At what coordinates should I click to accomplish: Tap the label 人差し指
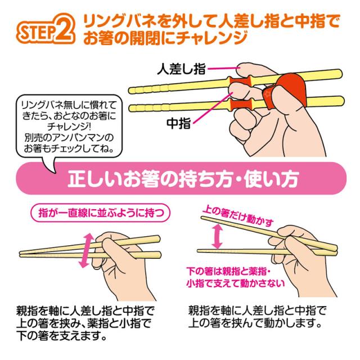click(181, 71)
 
